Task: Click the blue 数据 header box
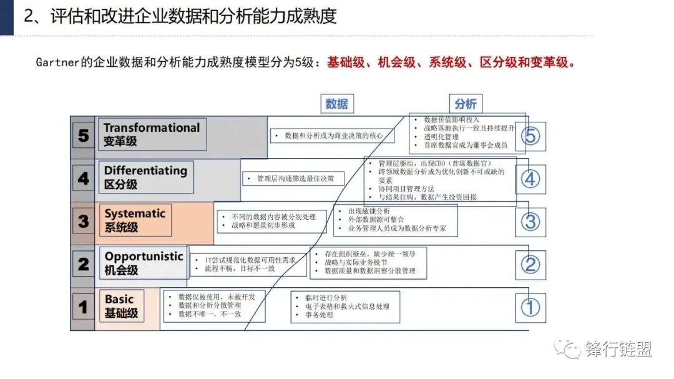pos(336,104)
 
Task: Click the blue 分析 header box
pos(465,104)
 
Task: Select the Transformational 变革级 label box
pos(152,134)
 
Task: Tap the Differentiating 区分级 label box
pos(145,177)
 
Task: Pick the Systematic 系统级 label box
pos(135,220)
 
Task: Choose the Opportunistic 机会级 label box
pos(144,263)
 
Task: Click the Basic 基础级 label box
pos(121,306)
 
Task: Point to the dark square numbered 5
pos(84,135)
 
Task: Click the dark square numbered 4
pos(84,179)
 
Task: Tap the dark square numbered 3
pos(84,221)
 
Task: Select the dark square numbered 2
pos(84,264)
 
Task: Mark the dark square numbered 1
pos(84,307)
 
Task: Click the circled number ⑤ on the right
pos(530,136)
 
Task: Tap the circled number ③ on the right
pos(530,222)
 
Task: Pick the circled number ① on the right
pos(530,307)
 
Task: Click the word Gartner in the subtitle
pos(57,63)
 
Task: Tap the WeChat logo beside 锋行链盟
pos(569,348)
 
